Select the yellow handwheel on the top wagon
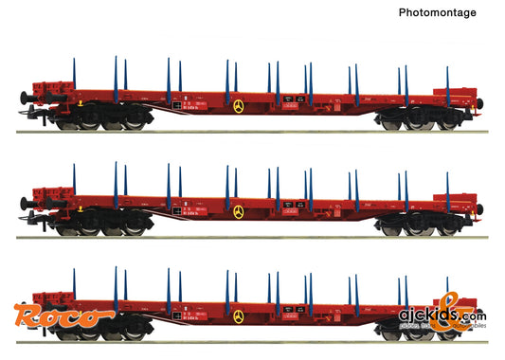click(x=238, y=105)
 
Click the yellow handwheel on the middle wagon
click(x=238, y=211)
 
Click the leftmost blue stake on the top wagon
click(x=74, y=75)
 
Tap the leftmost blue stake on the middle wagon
click(x=74, y=181)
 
